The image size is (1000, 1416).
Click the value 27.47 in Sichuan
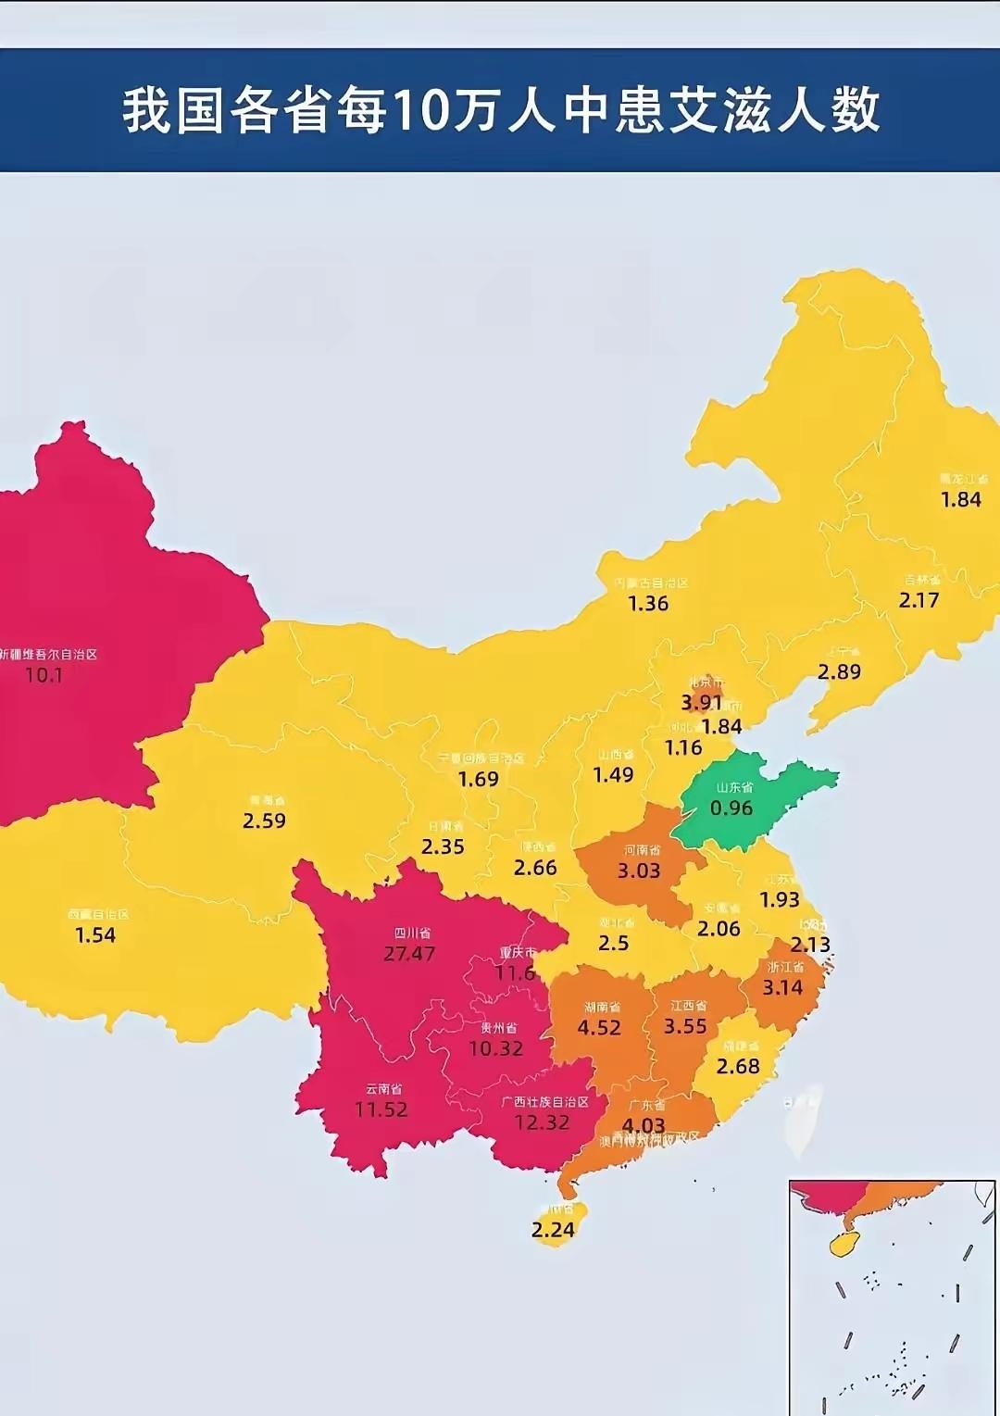[409, 954]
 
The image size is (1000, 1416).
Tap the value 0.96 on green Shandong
[731, 808]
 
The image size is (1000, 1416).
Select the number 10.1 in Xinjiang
[44, 675]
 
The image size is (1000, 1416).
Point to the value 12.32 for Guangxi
[542, 1122]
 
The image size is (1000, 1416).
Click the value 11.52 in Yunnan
[381, 1109]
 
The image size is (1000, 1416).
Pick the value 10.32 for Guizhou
[496, 1048]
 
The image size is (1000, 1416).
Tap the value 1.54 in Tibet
[95, 935]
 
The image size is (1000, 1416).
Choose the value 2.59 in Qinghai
[264, 821]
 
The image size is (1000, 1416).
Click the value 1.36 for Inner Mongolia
[648, 604]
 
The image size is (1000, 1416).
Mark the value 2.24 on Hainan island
[553, 1230]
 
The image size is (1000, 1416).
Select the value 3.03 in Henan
[639, 871]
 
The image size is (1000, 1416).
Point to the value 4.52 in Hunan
[599, 1027]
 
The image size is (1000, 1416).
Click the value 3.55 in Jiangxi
[685, 1026]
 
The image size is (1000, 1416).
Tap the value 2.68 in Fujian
[738, 1066]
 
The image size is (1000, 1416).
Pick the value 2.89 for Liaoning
[839, 671]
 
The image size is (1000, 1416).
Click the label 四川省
[412, 934]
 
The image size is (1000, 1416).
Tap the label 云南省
[383, 1089]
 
